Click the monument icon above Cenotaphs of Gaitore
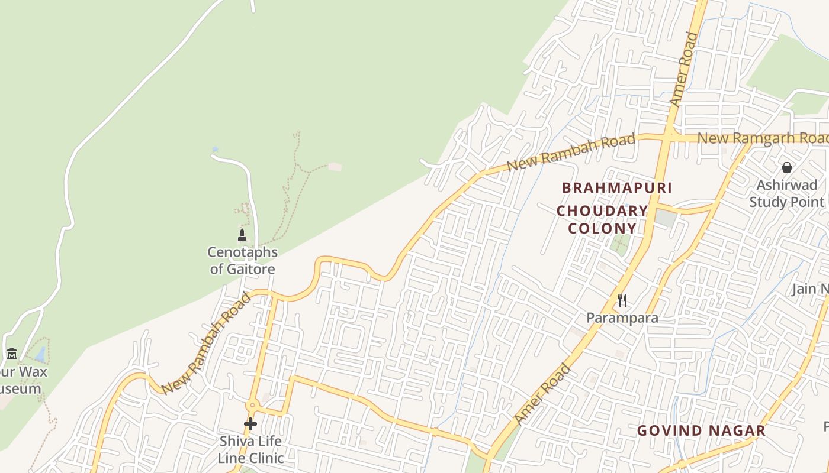pyautogui.click(x=242, y=235)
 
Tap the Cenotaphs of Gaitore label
pyautogui.click(x=242, y=261)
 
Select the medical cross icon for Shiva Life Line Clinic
pyautogui.click(x=250, y=424)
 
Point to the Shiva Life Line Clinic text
pyautogui.click(x=250, y=449)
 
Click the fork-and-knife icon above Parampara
pyautogui.click(x=622, y=300)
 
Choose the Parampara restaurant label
pyautogui.click(x=622, y=318)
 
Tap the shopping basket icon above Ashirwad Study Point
pyautogui.click(x=787, y=167)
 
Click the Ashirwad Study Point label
pyautogui.click(x=787, y=193)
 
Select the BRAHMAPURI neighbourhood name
pyautogui.click(x=616, y=188)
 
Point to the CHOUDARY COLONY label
pyautogui.click(x=602, y=219)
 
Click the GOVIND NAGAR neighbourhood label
pyautogui.click(x=701, y=430)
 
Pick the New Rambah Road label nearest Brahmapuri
pyautogui.click(x=571, y=153)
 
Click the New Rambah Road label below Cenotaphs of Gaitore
pyautogui.click(x=206, y=344)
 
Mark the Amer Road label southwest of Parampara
pyautogui.click(x=543, y=394)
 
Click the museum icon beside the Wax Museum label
pyautogui.click(x=12, y=354)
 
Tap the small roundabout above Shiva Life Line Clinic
pyautogui.click(x=253, y=406)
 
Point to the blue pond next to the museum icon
pyautogui.click(x=40, y=354)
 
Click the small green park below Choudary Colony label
pyautogui.click(x=621, y=243)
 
